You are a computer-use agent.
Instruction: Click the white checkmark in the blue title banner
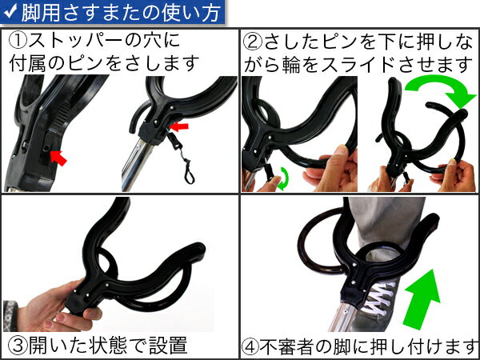tap(10, 11)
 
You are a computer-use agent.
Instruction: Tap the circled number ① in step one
tap(18, 42)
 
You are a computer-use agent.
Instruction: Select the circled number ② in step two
tap(254, 42)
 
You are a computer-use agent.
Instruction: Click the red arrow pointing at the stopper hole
tap(58, 158)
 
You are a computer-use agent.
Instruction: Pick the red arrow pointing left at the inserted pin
tap(179, 126)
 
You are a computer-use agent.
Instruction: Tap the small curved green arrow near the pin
tap(283, 178)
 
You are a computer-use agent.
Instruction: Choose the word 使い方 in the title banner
tap(193, 12)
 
